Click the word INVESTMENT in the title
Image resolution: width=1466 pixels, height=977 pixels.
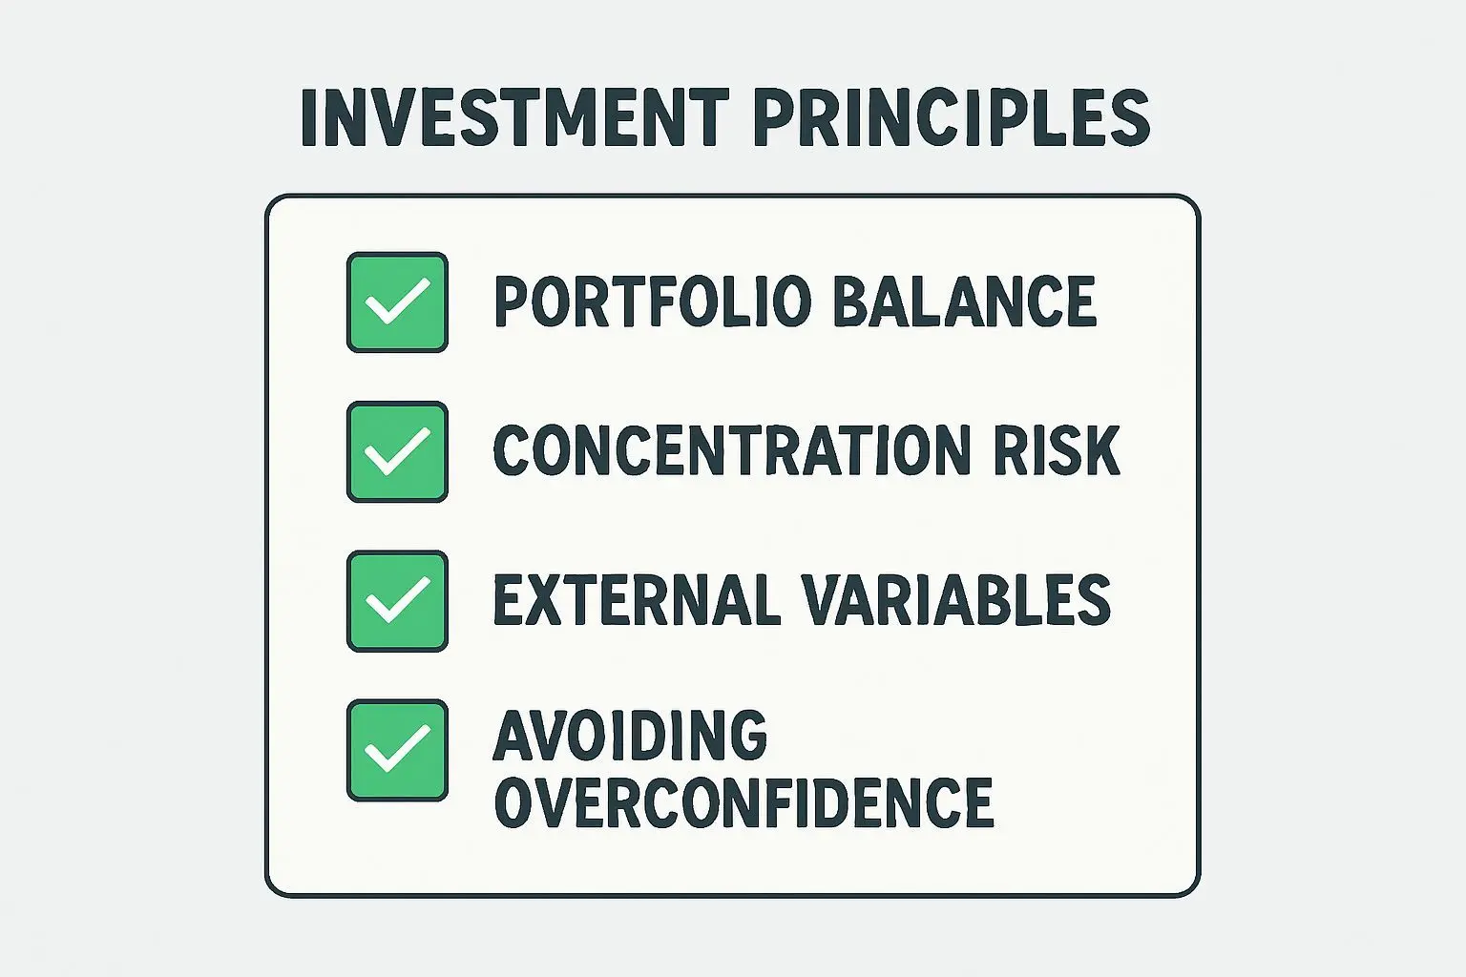(514, 117)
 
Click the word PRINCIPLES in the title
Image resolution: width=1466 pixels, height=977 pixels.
(953, 117)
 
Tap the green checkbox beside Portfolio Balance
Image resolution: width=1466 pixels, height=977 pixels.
(397, 302)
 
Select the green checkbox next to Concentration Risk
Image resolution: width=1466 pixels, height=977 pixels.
(397, 452)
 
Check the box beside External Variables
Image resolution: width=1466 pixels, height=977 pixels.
(397, 601)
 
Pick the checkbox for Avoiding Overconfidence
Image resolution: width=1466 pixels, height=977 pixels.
(397, 751)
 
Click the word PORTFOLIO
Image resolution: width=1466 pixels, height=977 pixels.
(653, 301)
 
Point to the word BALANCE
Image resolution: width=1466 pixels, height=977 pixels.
(965, 301)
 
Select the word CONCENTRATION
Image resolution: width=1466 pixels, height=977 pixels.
(731, 449)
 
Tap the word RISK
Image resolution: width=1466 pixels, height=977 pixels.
(1057, 449)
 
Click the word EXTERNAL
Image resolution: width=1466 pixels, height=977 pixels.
(637, 599)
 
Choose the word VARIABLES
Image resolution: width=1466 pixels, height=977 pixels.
(957, 599)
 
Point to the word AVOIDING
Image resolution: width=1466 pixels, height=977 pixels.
(630, 735)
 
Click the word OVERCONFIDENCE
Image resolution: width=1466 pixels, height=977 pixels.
(744, 802)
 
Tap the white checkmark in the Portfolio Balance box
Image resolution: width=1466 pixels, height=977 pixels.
(397, 301)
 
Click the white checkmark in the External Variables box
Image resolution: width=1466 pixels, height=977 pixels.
(397, 599)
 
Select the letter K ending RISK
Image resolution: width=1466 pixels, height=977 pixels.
(1100, 449)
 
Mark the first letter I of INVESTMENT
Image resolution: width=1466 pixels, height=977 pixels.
(309, 117)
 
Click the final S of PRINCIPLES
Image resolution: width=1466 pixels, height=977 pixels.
(1129, 117)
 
